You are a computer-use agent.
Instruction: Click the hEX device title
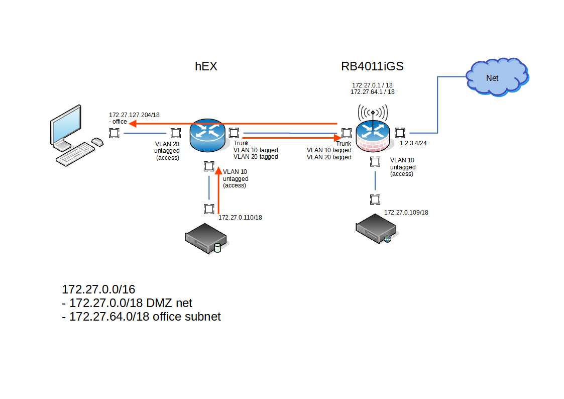(x=206, y=67)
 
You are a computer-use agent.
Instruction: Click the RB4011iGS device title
(x=372, y=67)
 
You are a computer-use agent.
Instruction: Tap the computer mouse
(x=97, y=143)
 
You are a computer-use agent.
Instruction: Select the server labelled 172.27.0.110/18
(x=205, y=240)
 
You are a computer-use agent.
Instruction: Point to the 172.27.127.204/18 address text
(x=134, y=115)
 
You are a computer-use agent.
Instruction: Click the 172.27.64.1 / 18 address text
(x=372, y=92)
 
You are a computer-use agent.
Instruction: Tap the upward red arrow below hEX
(x=218, y=191)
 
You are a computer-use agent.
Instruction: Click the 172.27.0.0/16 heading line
(x=98, y=289)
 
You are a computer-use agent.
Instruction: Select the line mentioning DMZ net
(x=127, y=303)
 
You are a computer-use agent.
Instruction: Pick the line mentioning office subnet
(x=141, y=317)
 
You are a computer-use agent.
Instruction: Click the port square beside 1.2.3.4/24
(x=400, y=133)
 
